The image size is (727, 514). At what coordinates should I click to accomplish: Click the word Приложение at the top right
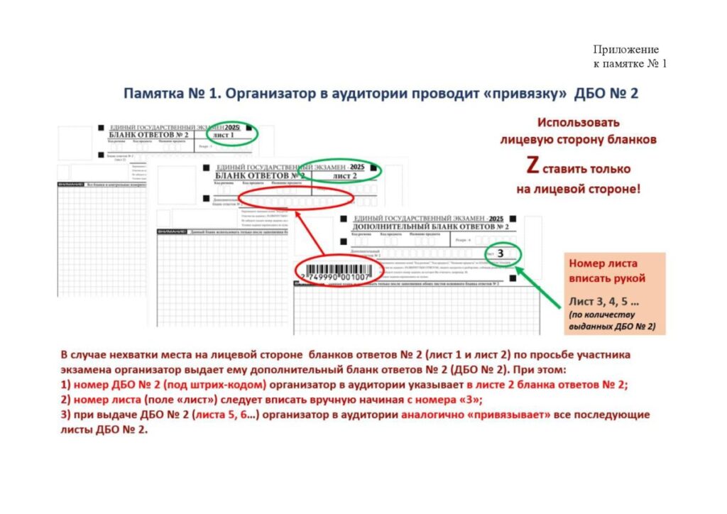tap(625, 50)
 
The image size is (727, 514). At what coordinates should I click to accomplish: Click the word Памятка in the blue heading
tap(153, 94)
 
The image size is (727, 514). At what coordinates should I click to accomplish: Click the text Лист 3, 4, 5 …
tap(600, 301)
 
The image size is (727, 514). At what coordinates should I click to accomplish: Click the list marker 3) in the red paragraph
tap(65, 415)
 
